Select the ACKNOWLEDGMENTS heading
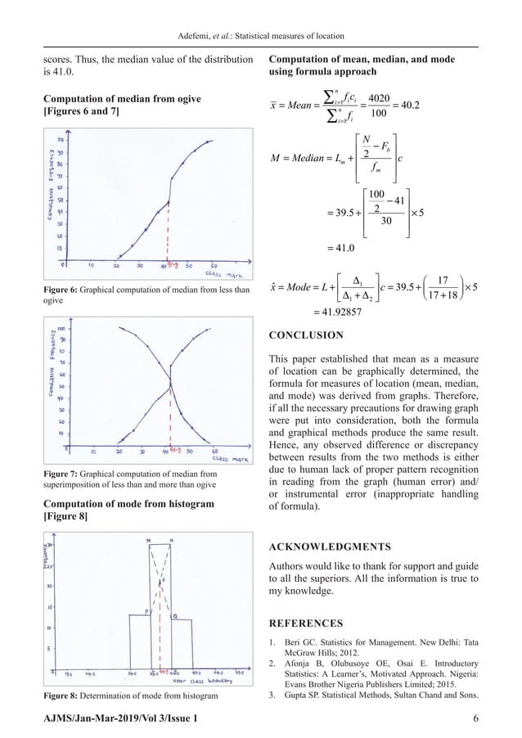[331, 546]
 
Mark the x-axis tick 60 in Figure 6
[214, 266]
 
